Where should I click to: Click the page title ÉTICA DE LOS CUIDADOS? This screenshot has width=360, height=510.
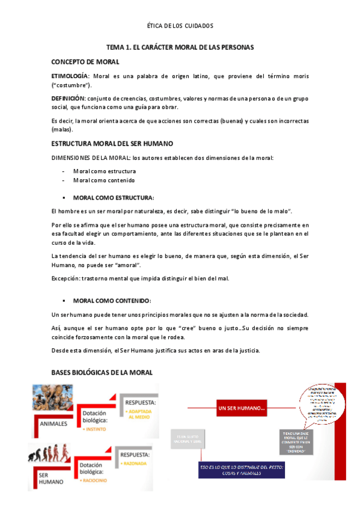tap(180, 26)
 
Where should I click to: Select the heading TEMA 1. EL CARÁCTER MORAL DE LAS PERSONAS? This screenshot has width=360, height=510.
tap(180, 46)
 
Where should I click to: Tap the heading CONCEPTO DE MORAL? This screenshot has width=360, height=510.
tap(85, 61)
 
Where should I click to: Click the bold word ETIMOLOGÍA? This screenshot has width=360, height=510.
tap(70, 76)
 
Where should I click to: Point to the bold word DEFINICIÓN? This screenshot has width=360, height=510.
tap(69, 98)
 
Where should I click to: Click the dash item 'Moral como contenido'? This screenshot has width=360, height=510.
tap(104, 180)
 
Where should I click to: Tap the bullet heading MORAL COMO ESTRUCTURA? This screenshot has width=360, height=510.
tap(113, 197)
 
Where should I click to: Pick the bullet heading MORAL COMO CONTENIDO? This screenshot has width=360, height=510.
tap(112, 300)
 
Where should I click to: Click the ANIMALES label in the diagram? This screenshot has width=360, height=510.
tap(53, 422)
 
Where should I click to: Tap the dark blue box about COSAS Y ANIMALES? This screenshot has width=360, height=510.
tap(243, 470)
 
